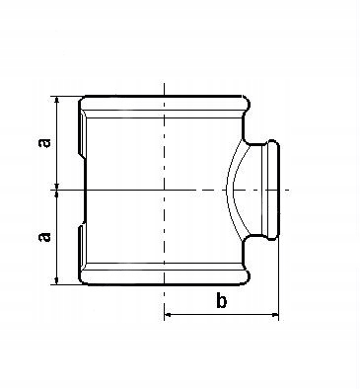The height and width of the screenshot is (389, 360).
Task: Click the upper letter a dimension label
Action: (x=45, y=143)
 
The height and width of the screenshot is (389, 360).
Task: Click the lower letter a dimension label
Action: (x=45, y=237)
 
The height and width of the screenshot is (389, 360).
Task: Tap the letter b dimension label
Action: (x=222, y=300)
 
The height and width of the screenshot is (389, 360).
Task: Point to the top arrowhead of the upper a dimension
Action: (x=57, y=100)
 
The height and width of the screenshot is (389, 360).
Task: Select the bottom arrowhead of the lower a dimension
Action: (x=57, y=281)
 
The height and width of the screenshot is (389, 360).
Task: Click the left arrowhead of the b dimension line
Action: (x=168, y=315)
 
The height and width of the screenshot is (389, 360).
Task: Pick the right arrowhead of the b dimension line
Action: (x=275, y=315)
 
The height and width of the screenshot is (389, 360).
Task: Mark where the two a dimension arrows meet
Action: (x=57, y=190)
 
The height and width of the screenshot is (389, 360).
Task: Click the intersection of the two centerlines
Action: (x=164, y=190)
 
